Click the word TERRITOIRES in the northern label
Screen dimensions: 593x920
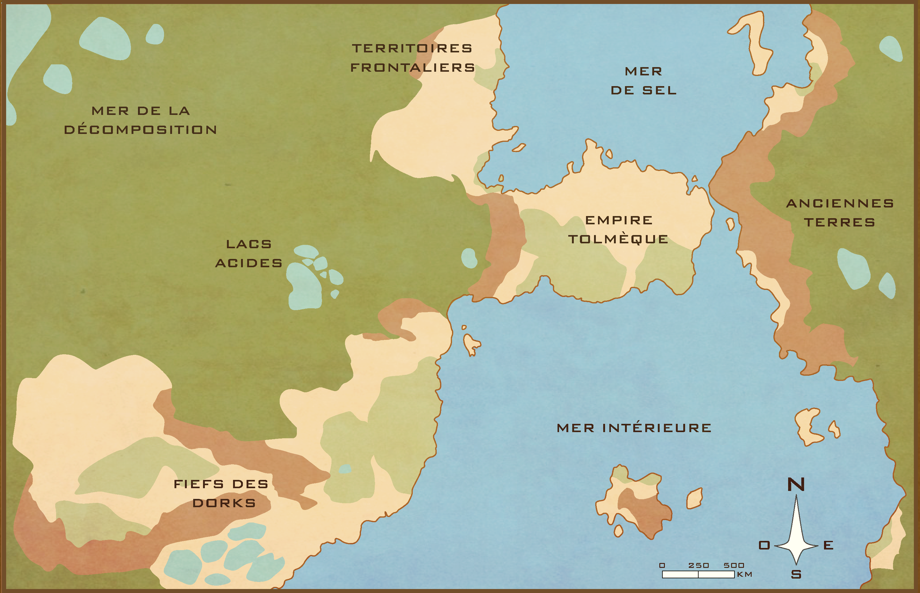point(412,48)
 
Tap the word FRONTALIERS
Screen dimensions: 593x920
point(412,68)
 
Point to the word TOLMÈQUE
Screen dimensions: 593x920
point(618,239)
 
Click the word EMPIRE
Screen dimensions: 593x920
point(619,220)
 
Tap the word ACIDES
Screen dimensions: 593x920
point(249,263)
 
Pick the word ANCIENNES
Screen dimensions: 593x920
point(840,203)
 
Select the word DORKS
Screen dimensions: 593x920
point(224,503)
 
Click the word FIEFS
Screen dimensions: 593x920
point(199,484)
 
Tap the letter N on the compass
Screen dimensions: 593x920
point(796,485)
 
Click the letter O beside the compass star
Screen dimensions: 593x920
point(764,545)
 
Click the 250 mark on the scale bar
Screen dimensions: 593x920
point(699,565)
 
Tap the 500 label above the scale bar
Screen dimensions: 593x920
point(734,565)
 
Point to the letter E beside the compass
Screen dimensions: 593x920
point(828,545)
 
